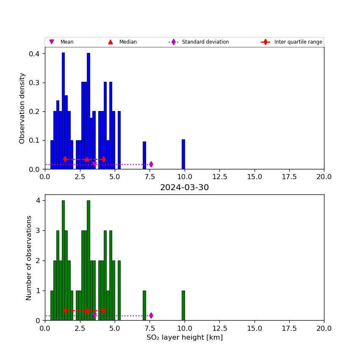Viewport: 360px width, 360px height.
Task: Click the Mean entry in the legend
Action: click(61, 42)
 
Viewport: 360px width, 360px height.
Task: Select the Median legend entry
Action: click(122, 42)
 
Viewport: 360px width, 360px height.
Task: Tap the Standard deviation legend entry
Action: click(199, 42)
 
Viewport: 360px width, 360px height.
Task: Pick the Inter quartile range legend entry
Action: click(291, 42)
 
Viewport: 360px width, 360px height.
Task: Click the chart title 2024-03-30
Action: click(184, 187)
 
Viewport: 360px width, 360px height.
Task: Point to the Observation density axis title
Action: click(22, 108)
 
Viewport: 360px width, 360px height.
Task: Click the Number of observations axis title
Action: click(28, 258)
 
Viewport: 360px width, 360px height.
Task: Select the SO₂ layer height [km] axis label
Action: click(185, 337)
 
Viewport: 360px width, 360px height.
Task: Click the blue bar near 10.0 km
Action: click(183, 154)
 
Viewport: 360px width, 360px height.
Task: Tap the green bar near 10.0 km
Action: click(183, 306)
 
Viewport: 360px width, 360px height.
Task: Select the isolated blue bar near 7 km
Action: click(144, 155)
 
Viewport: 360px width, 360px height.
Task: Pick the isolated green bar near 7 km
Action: click(144, 306)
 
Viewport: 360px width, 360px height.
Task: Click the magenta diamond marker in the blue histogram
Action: click(151, 164)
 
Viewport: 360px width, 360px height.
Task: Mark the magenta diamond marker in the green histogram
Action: click(151, 316)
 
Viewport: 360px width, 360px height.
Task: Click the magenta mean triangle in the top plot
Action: click(94, 164)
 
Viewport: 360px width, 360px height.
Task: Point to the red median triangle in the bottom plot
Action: click(87, 310)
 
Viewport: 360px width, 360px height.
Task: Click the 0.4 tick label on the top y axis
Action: click(34, 54)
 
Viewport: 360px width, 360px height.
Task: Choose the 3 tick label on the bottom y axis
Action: click(38, 230)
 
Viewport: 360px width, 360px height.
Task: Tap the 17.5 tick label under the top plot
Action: click(289, 177)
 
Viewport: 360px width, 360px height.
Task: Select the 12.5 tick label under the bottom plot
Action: click(219, 328)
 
